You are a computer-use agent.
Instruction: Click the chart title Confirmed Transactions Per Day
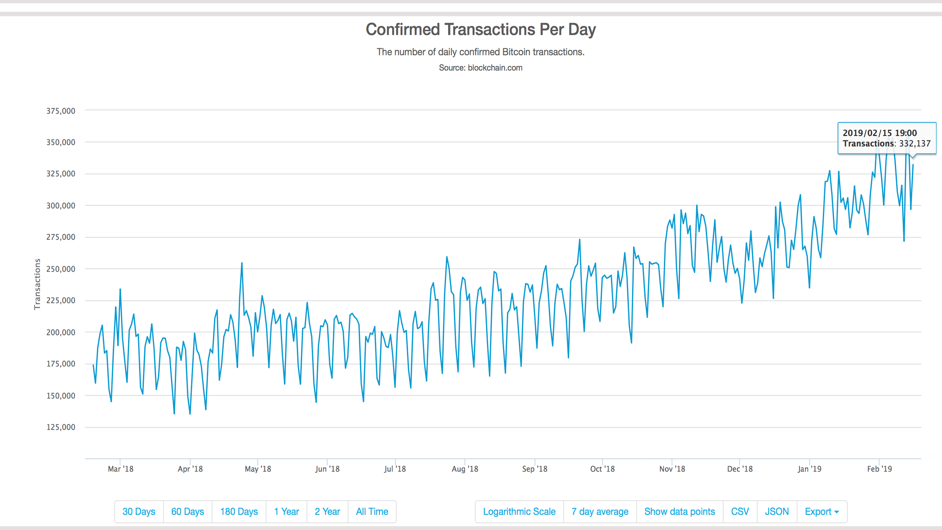[x=480, y=29]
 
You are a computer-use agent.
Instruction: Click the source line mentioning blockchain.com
[x=480, y=68]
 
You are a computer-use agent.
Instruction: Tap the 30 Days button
[x=139, y=511]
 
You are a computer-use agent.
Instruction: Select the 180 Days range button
[x=239, y=511]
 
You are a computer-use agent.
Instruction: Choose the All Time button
[x=372, y=511]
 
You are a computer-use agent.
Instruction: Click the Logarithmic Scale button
[x=519, y=511]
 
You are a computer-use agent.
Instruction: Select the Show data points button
[x=679, y=511]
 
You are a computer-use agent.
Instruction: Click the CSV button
[x=740, y=511]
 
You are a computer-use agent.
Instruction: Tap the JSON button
[x=777, y=511]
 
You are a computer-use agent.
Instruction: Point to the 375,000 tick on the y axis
[x=61, y=111]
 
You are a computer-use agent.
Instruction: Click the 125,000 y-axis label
[x=61, y=427]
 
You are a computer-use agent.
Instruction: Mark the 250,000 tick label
[x=61, y=269]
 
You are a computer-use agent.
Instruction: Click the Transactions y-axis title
[x=37, y=284]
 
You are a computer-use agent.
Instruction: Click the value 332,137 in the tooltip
[x=915, y=143]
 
